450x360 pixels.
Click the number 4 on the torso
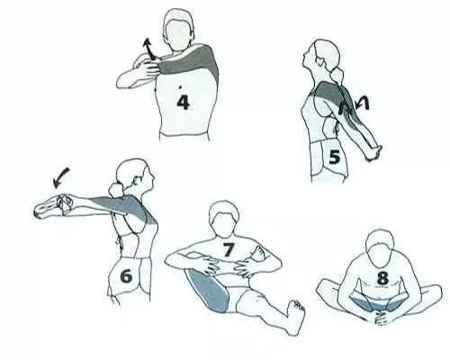click(183, 102)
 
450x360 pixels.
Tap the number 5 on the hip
click(334, 157)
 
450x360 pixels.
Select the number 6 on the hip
click(126, 275)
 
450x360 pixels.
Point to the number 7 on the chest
click(228, 249)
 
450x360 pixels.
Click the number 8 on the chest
click(382, 278)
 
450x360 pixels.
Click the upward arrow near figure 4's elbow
click(148, 49)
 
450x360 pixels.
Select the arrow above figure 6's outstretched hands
click(61, 177)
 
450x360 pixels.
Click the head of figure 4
click(178, 29)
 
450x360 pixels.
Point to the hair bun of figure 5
click(338, 74)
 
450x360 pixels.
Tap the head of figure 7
click(224, 217)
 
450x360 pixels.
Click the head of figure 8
click(381, 248)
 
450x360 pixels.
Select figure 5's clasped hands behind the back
click(373, 152)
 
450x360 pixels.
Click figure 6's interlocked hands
click(64, 204)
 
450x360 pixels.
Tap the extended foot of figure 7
click(294, 317)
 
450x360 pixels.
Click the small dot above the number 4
click(180, 87)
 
